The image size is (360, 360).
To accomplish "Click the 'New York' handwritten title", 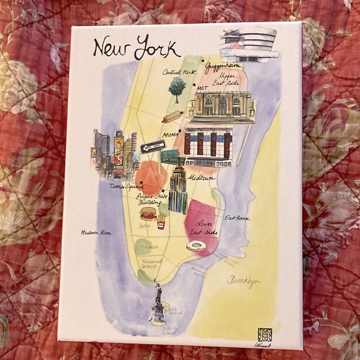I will tap(136, 48).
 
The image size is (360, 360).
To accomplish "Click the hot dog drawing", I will tap(172, 117).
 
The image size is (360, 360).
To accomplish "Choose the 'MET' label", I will tap(200, 89).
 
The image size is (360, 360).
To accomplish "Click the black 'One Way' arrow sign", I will tap(153, 146).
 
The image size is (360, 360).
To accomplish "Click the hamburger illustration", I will tap(148, 214).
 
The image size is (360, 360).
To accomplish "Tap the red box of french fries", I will tap(163, 220).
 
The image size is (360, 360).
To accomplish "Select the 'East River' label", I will tap(237, 218).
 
